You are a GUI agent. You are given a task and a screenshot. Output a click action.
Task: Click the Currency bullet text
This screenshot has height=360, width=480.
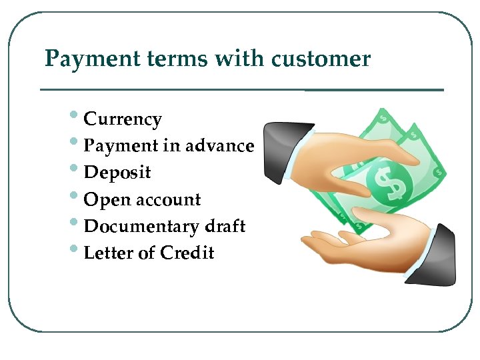tap(123, 120)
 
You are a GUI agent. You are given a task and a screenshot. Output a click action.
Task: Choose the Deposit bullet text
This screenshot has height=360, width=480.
tap(117, 173)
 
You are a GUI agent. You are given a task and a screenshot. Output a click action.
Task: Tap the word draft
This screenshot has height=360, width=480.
tap(225, 227)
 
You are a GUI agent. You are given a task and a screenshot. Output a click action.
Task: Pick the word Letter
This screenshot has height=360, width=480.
tap(107, 253)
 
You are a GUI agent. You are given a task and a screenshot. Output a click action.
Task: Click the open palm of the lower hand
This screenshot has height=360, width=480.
tap(353, 243)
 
